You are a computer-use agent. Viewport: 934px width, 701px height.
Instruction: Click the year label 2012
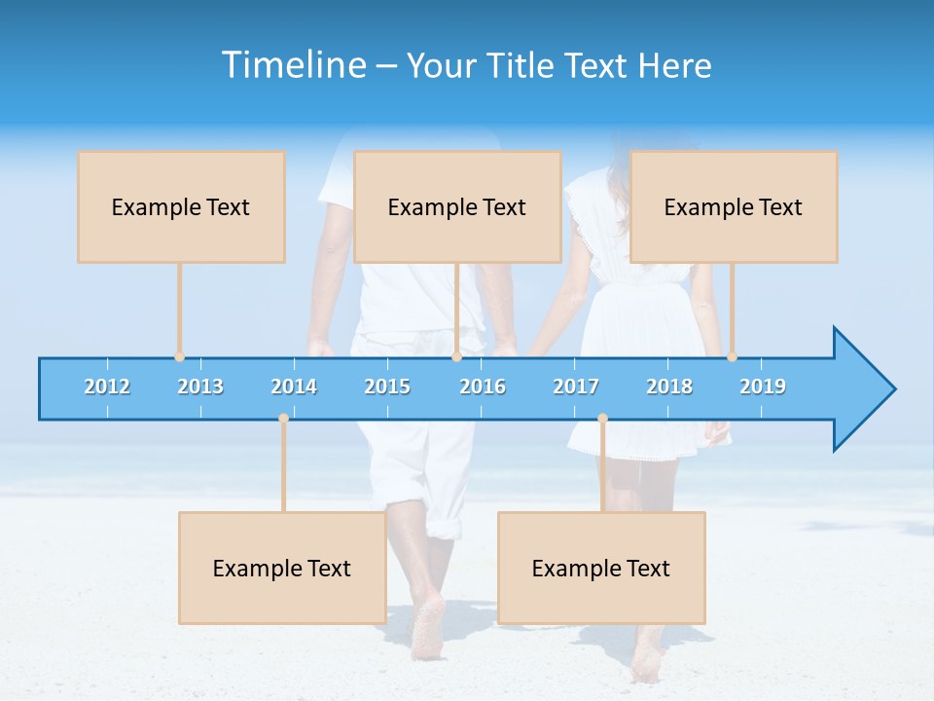tap(107, 387)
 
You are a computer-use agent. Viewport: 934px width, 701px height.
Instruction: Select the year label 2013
tap(200, 387)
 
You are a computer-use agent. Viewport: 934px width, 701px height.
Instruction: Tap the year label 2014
tap(294, 387)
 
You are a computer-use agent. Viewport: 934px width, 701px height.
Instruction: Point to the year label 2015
tap(387, 387)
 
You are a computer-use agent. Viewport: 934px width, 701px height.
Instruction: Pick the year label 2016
tap(483, 387)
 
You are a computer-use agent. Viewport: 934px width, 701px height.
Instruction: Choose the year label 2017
tap(576, 387)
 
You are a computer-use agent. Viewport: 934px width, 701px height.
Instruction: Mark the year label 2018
tap(669, 387)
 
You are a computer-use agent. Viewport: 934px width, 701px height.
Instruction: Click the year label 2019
tap(763, 387)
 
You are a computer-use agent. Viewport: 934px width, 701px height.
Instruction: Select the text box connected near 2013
tap(181, 206)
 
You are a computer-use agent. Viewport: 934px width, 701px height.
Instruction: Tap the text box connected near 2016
tap(457, 206)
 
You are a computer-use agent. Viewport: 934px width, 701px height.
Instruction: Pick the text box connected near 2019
tap(734, 206)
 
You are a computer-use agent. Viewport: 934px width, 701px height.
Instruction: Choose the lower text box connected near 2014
tap(282, 568)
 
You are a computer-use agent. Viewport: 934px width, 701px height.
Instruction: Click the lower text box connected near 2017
tap(601, 568)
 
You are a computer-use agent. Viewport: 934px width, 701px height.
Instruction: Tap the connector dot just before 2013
tap(179, 356)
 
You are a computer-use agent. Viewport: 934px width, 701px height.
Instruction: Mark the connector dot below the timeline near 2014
tap(283, 419)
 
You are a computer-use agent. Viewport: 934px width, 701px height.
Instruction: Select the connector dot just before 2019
tap(732, 356)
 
